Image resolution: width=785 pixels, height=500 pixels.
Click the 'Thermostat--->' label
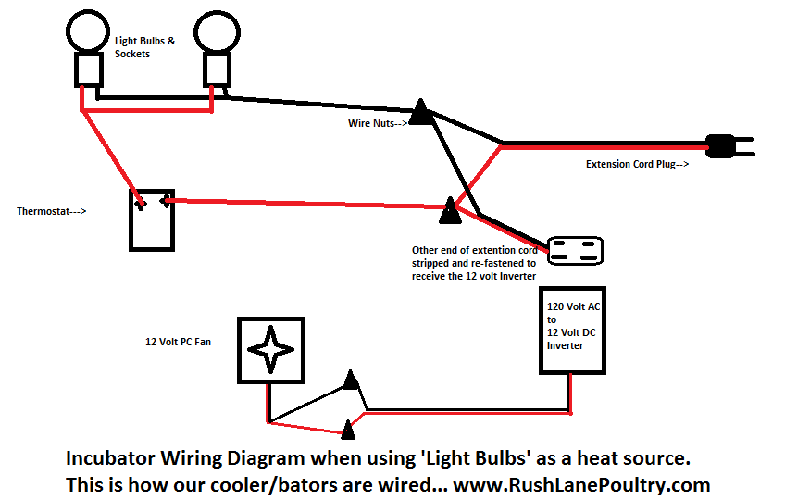[52, 211]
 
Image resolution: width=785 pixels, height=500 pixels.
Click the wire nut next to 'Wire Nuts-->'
[421, 113]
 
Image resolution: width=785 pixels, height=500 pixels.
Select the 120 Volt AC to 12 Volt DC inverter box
[569, 330]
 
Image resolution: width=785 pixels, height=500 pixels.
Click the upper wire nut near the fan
[350, 381]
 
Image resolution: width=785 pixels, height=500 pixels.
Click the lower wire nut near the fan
[347, 429]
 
